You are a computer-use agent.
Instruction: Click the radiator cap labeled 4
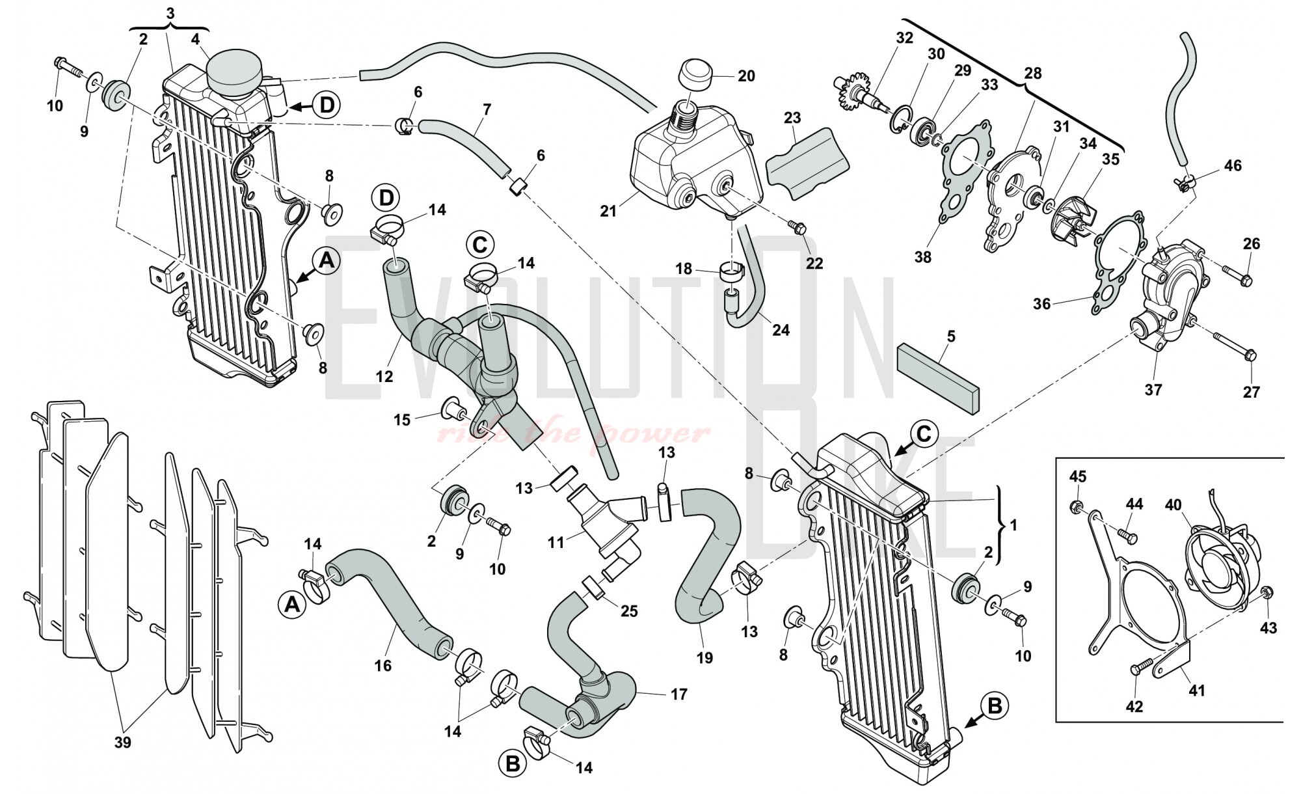click(x=232, y=72)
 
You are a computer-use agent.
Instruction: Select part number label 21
click(x=608, y=212)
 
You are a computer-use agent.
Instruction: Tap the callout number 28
click(x=1032, y=74)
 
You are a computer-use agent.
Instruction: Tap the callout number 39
click(x=122, y=742)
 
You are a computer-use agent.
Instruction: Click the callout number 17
click(x=678, y=694)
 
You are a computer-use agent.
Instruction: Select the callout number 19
click(x=704, y=657)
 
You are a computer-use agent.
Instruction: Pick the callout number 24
click(x=781, y=330)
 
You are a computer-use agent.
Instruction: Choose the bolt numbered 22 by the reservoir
click(x=797, y=228)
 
